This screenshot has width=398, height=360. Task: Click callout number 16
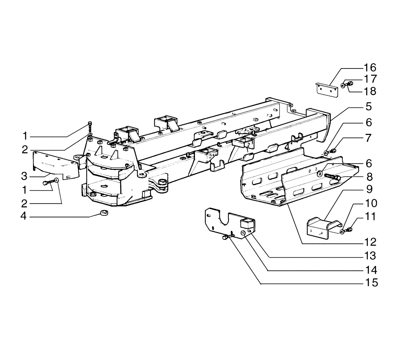click(x=370, y=67)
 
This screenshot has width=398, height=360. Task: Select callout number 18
click(x=370, y=91)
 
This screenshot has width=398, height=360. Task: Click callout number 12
click(x=370, y=241)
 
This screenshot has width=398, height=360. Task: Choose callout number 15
click(x=370, y=283)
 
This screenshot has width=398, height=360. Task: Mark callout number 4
click(x=25, y=217)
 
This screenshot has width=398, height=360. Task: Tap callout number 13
click(x=370, y=255)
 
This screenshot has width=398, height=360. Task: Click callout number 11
click(x=370, y=217)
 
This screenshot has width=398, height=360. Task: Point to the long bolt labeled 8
click(x=331, y=178)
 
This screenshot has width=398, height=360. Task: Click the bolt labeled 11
click(x=349, y=229)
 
